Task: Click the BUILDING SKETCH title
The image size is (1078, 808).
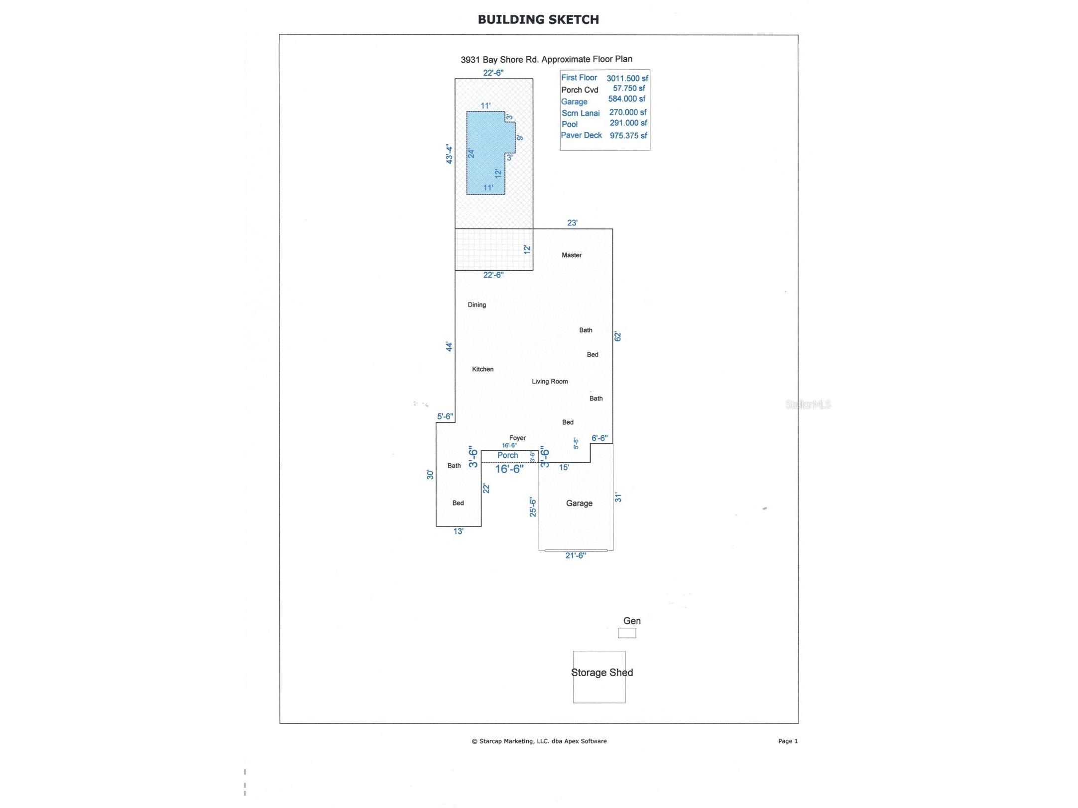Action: tap(538, 19)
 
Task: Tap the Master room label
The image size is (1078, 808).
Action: tap(572, 255)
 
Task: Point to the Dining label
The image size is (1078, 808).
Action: tap(477, 305)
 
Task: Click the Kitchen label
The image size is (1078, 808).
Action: tap(482, 369)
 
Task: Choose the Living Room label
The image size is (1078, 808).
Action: tap(550, 382)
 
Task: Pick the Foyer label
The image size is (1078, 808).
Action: tap(517, 438)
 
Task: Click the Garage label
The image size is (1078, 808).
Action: tap(579, 504)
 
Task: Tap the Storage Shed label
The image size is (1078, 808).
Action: tap(601, 673)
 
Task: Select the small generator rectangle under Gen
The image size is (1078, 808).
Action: tap(627, 633)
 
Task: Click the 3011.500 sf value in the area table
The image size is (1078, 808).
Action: tap(627, 79)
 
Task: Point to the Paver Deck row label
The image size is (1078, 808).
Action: tap(581, 135)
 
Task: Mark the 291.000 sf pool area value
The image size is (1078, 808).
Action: tap(628, 123)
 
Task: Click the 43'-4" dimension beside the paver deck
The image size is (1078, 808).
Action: tap(449, 154)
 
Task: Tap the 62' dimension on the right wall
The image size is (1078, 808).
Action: tap(618, 337)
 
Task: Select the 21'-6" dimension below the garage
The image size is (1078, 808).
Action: tap(576, 556)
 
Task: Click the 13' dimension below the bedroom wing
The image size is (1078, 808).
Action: tap(458, 532)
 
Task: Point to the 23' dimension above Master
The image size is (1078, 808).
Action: tap(572, 223)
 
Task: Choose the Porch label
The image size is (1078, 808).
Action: tap(507, 455)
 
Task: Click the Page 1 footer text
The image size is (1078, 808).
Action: tap(788, 741)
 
